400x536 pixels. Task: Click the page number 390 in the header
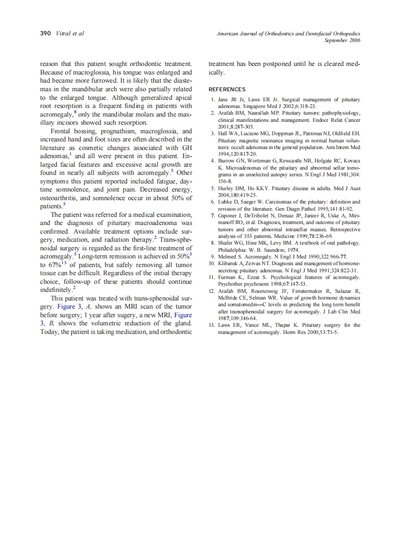46,33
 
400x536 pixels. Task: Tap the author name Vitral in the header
63,33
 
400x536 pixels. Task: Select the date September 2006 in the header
342,40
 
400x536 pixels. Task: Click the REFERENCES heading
227,89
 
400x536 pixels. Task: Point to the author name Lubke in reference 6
226,202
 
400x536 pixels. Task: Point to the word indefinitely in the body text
55,290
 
